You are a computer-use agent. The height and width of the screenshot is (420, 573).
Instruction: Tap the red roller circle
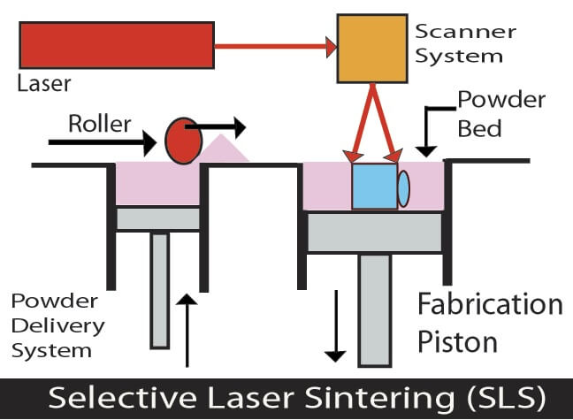182,141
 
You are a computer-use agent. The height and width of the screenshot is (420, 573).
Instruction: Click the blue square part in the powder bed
374,187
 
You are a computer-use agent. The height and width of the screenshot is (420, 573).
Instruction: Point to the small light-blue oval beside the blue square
404,188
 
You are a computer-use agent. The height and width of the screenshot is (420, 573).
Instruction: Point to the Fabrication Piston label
489,322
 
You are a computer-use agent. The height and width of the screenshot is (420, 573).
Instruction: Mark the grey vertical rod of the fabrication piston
376,309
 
